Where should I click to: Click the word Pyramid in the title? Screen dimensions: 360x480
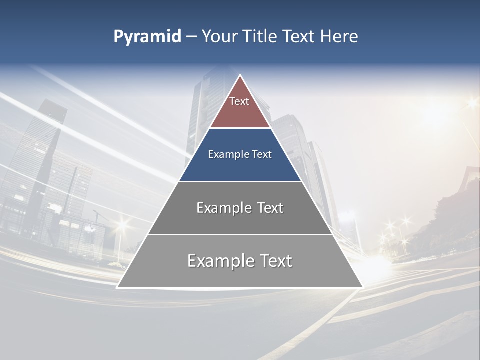(147, 37)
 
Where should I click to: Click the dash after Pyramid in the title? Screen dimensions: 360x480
(191, 37)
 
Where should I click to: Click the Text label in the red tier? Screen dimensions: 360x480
(239, 101)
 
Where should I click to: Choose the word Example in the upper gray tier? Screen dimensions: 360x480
(223, 208)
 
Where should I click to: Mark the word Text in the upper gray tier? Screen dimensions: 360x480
(270, 208)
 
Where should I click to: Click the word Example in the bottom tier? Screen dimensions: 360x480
(218, 261)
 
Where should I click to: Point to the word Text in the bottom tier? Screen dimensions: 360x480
(274, 261)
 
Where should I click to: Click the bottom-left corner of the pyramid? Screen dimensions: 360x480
(117, 287)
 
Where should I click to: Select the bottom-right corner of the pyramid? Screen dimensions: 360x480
(362, 287)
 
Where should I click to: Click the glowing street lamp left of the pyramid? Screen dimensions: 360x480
(121, 224)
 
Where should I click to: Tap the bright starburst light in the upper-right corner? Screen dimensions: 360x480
(471, 104)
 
